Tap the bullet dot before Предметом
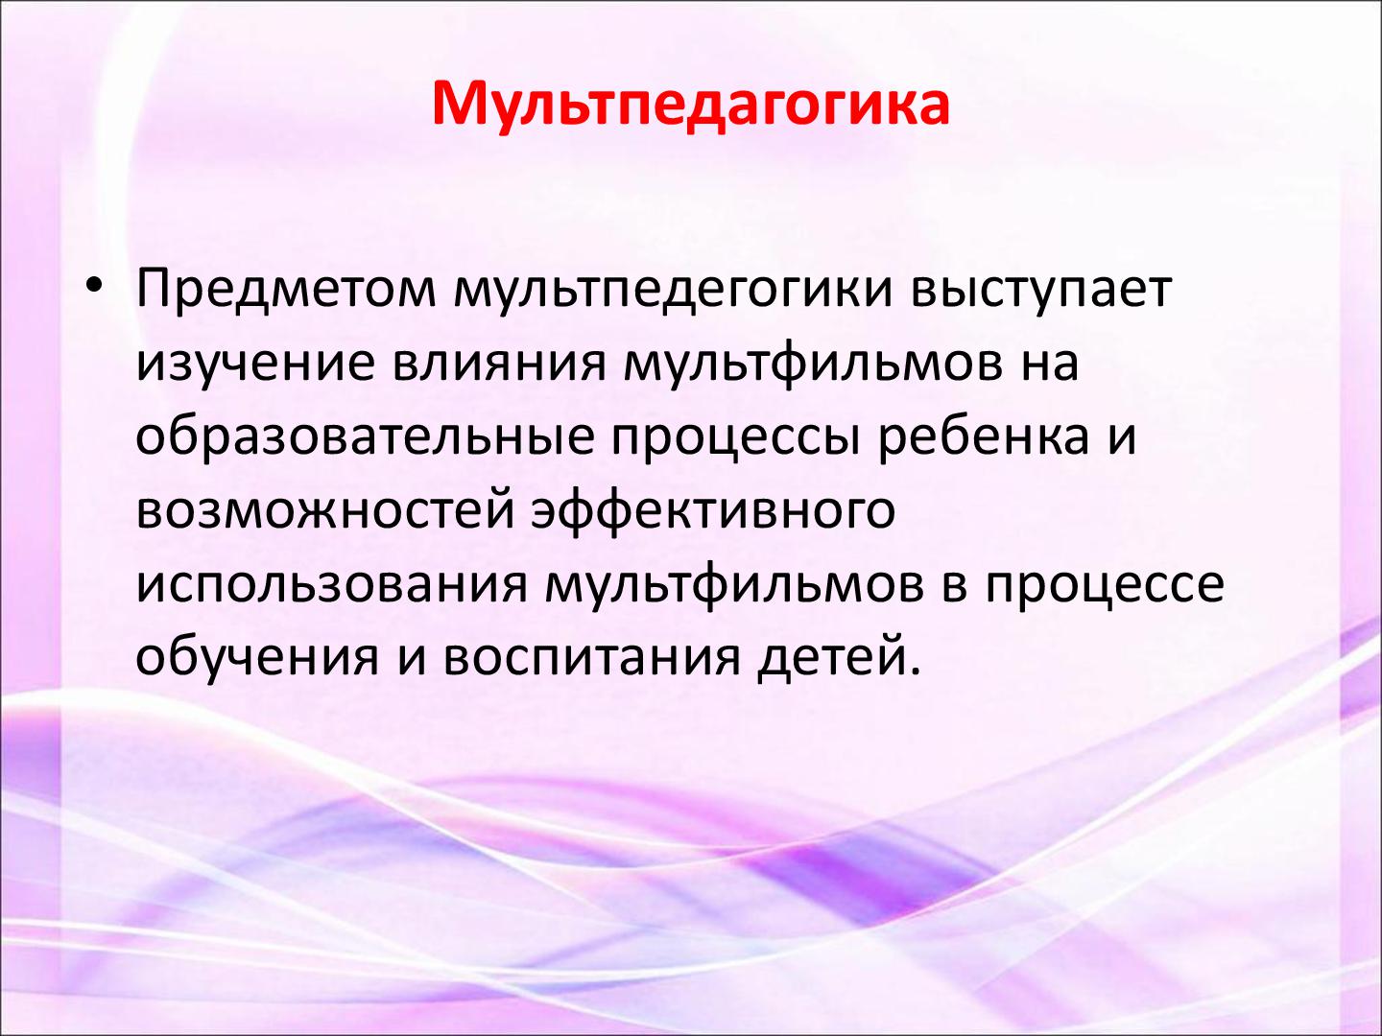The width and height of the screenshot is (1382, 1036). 94,285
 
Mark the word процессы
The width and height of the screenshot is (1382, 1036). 736,441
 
